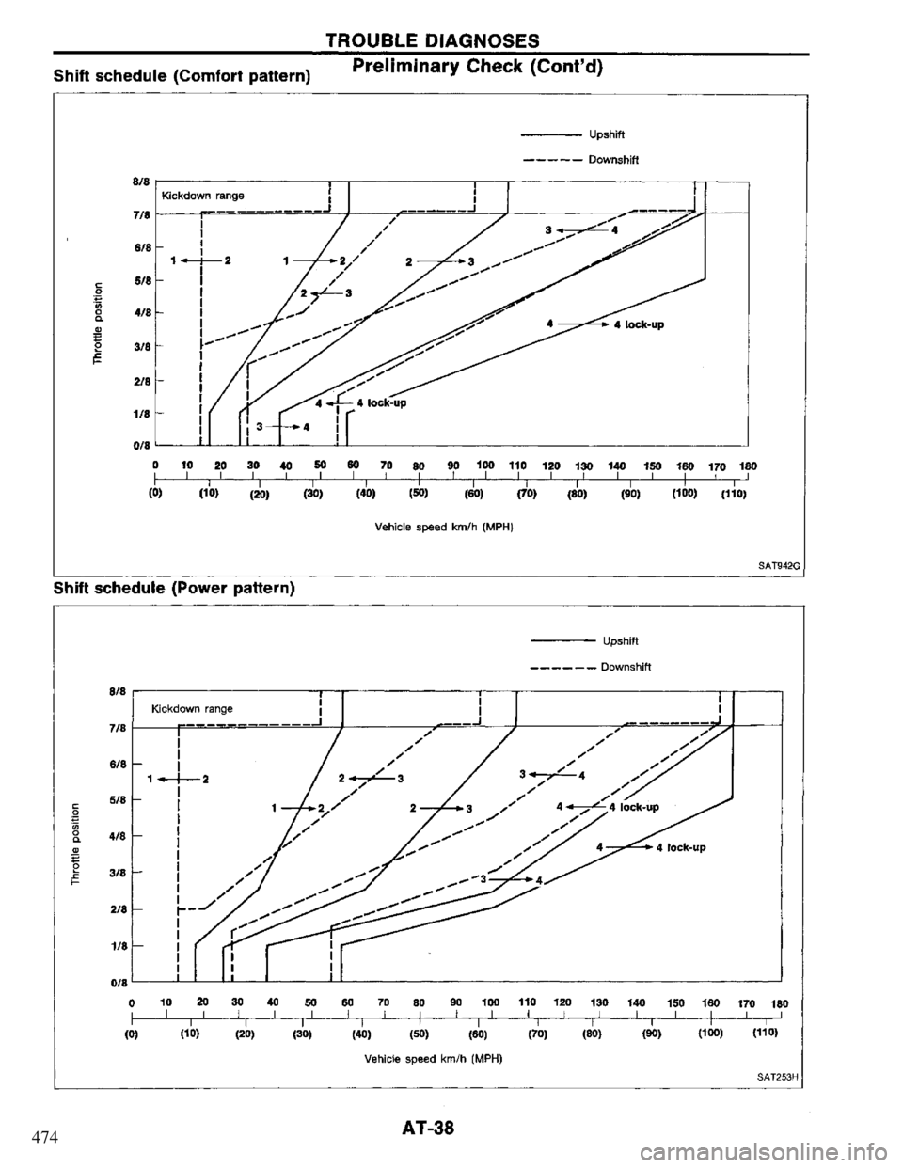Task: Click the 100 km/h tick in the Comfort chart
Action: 484,465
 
